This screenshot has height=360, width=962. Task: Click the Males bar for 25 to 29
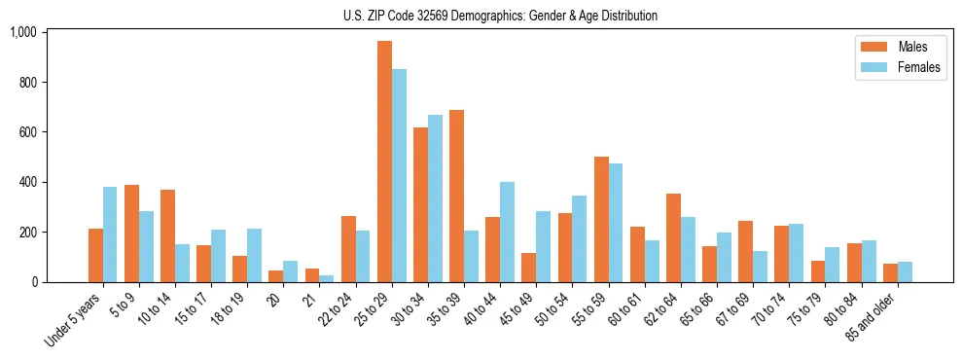[x=384, y=162]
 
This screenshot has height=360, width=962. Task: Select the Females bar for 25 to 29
[x=399, y=175]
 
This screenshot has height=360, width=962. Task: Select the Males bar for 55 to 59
[x=601, y=219]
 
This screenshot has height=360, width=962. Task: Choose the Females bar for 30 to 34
[x=435, y=198]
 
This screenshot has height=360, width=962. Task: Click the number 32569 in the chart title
[x=424, y=16]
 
